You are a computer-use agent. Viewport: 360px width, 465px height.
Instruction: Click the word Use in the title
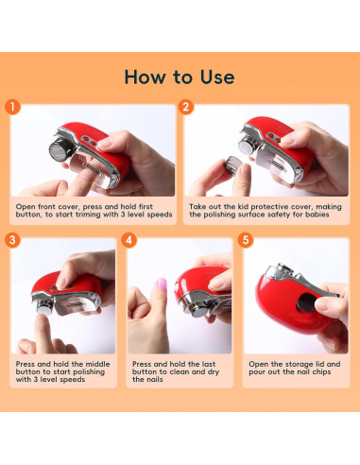(217, 77)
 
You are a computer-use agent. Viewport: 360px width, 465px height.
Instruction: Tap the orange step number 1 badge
(12, 107)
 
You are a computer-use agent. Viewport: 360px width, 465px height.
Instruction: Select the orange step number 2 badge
(186, 107)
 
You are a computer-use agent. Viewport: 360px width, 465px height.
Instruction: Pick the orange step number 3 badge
(12, 240)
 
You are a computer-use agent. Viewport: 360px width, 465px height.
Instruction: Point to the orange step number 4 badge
(129, 240)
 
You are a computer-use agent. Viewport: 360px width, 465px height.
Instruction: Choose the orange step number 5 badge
(246, 240)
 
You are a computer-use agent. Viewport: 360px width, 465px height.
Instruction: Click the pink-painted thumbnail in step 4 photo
(162, 284)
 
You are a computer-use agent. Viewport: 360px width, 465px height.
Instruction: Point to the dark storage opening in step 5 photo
(305, 302)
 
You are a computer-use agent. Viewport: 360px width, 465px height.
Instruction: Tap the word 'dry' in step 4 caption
(213, 372)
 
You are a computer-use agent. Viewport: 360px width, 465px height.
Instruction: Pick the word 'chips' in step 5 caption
(321, 372)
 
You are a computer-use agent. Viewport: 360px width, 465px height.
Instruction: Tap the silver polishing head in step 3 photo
(43, 306)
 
